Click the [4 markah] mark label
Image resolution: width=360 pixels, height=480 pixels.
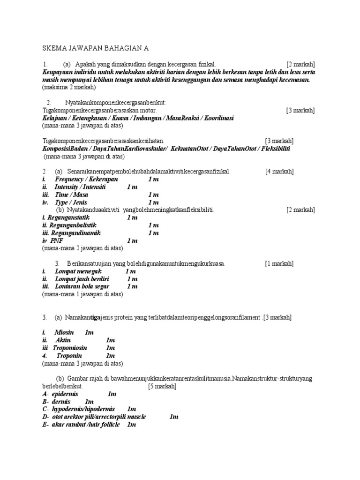click(x=279, y=172)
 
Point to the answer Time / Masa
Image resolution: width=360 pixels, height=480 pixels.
click(x=71, y=195)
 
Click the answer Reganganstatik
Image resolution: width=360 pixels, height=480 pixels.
click(x=68, y=217)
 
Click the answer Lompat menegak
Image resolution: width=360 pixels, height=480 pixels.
click(x=78, y=271)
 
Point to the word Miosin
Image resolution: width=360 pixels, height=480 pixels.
click(x=64, y=332)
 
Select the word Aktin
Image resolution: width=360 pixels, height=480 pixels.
click(x=63, y=340)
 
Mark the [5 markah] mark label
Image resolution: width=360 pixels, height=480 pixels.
click(x=162, y=386)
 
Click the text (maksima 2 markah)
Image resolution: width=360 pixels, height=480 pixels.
click(x=69, y=87)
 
